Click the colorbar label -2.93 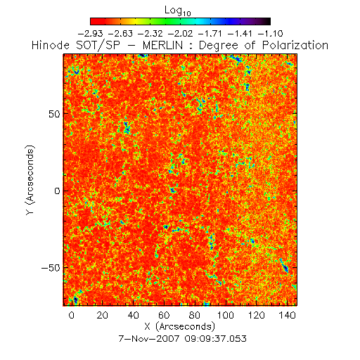coord(90,34)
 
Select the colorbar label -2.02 coord(181,34)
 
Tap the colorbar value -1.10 coord(271,34)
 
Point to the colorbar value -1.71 coord(210,34)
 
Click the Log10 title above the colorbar coord(178,11)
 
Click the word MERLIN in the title coord(162,45)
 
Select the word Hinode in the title coord(51,45)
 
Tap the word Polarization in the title coord(295,45)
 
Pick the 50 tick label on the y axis coord(54,114)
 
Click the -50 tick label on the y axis coord(51,268)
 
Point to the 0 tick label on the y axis coord(58,191)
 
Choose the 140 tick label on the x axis coord(288,315)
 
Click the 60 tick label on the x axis coord(164,315)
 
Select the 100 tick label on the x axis coord(226,315)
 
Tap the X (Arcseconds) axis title coord(180,327)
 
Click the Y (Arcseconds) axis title coord(30,180)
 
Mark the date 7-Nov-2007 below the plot coord(149,339)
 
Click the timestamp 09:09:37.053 coord(216,339)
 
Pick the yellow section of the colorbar coord(135,21)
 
